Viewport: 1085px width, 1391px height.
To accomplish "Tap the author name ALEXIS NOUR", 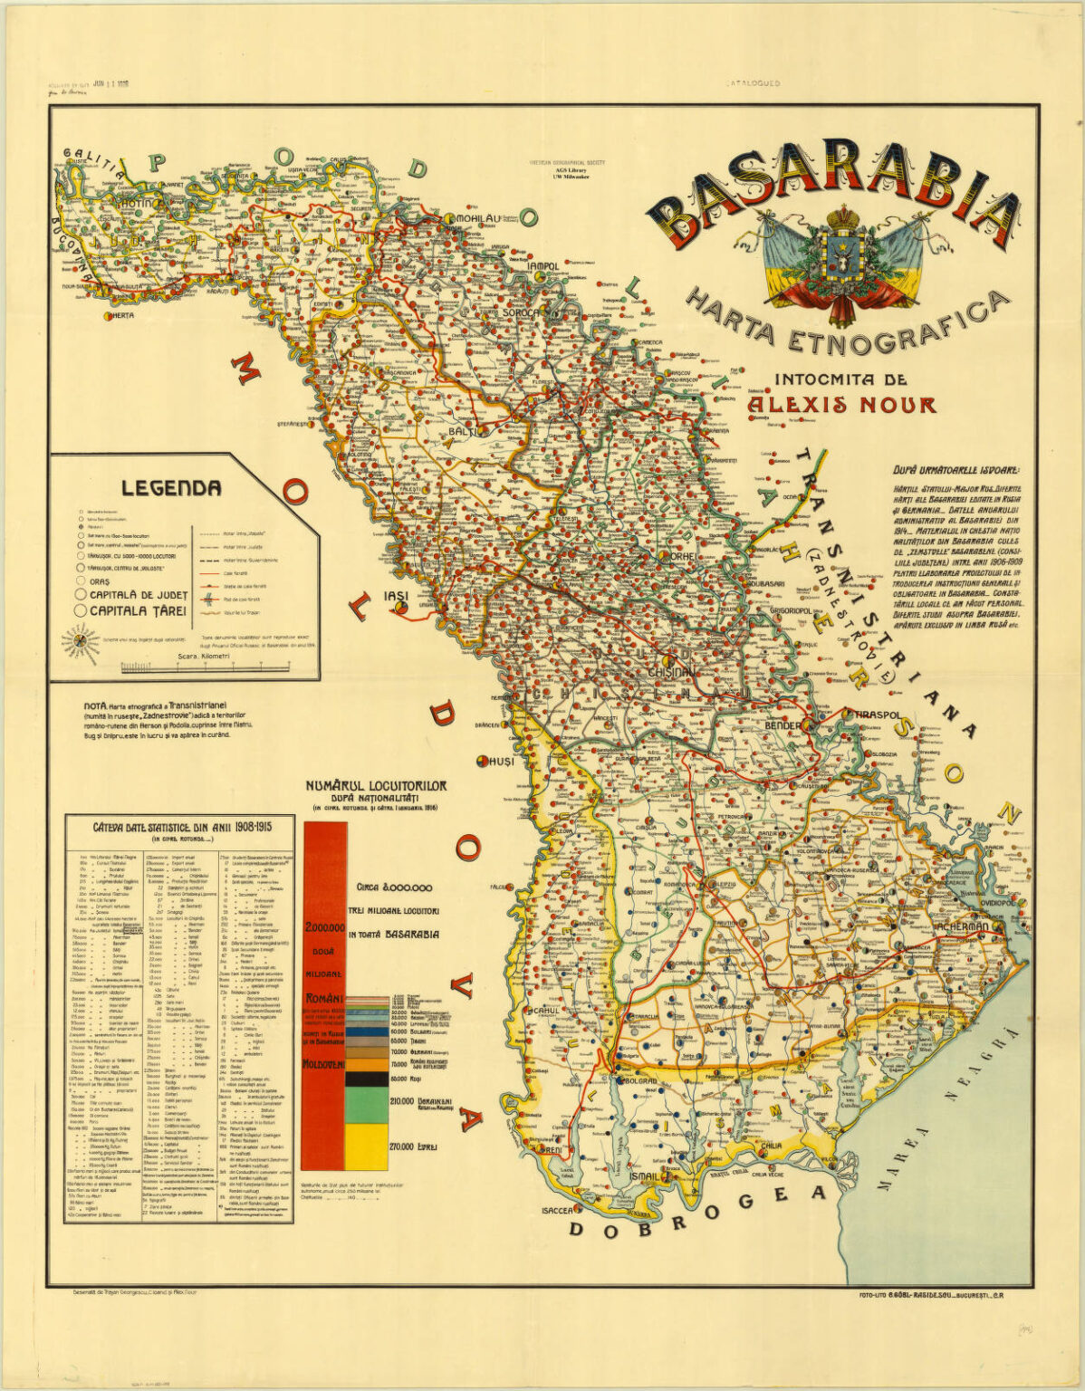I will pyautogui.click(x=841, y=404).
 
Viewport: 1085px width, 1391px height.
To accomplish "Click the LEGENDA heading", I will pyautogui.click(x=171, y=488).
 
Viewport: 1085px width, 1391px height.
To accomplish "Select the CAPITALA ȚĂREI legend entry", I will pyautogui.click(x=136, y=611).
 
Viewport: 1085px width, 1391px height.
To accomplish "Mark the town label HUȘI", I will pyautogui.click(x=501, y=762).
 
